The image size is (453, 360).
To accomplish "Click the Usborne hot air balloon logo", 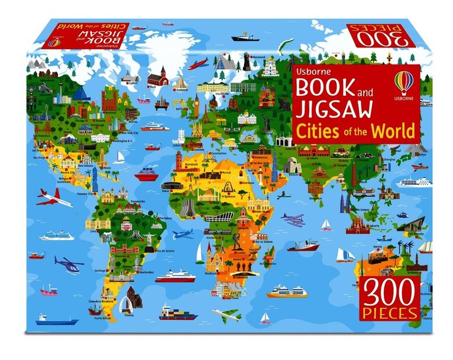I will tap(404, 82).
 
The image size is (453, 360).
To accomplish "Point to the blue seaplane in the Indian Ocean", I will tap(293, 220).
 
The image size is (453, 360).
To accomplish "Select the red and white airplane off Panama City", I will tap(54, 197).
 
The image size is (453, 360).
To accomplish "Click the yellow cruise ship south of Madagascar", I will tap(287, 291).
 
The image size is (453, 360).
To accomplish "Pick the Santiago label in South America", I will tap(101, 271).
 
